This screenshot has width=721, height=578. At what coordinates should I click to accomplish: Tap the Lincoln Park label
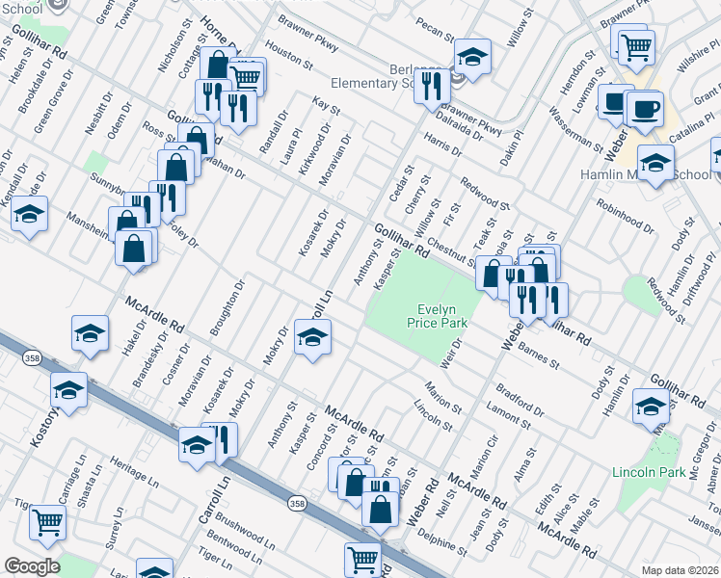(648, 473)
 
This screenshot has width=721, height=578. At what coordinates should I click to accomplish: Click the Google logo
(32, 566)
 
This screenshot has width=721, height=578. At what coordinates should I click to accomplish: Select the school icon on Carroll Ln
(312, 338)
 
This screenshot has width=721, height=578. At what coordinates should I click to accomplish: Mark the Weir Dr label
(451, 350)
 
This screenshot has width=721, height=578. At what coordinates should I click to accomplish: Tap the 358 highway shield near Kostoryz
(25, 356)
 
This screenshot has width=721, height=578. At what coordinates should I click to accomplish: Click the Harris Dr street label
(442, 145)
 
